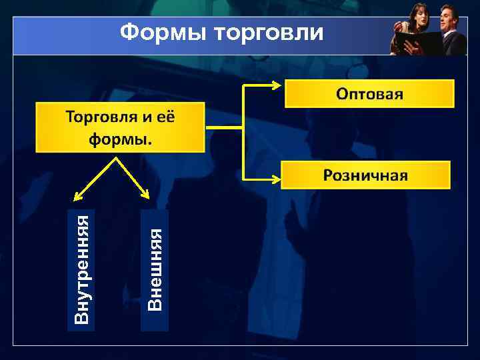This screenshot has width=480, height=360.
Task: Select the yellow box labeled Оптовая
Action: pyautogui.click(x=369, y=93)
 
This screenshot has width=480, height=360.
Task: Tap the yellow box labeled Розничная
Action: pyautogui.click(x=365, y=175)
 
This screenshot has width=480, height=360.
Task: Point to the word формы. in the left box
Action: pyautogui.click(x=120, y=139)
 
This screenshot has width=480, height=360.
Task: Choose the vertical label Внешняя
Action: pyautogui.click(x=155, y=269)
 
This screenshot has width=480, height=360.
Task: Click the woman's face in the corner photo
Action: pyautogui.click(x=419, y=13)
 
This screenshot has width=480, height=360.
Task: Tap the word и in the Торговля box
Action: pyautogui.click(x=147, y=118)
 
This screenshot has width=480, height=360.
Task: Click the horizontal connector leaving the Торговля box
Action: pyautogui.click(x=223, y=128)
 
